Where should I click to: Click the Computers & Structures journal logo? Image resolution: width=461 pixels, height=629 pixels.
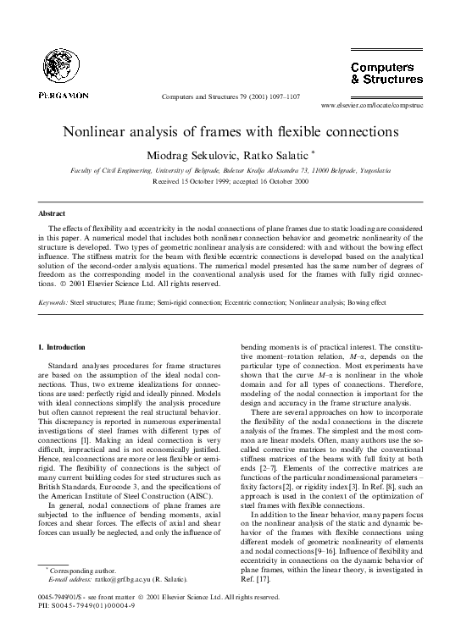pos(386,73)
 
